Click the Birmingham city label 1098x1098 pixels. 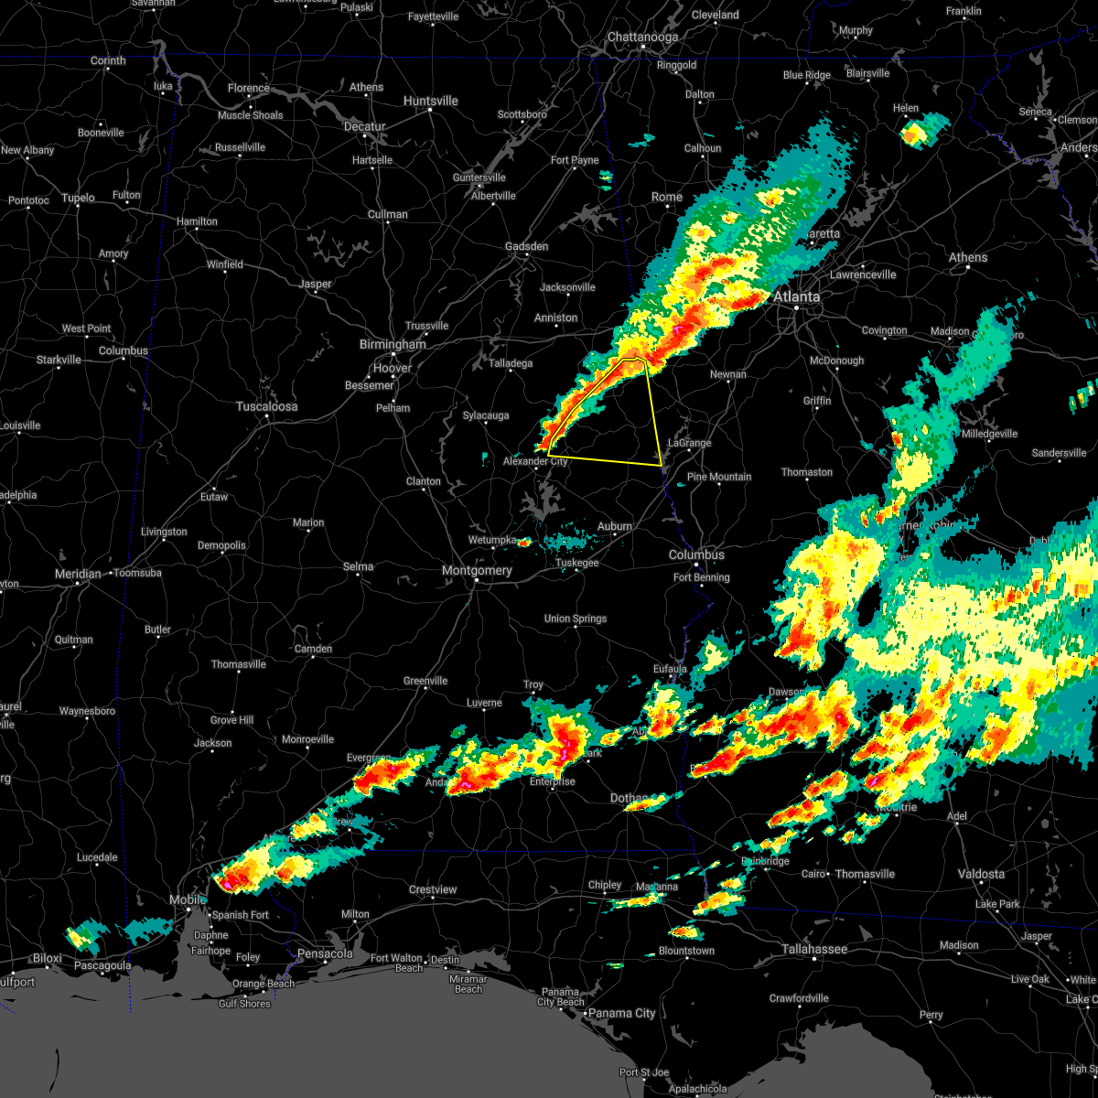click(x=393, y=345)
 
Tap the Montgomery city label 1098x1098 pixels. click(x=477, y=570)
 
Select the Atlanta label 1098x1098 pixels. click(x=796, y=296)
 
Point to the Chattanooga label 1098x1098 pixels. click(x=642, y=38)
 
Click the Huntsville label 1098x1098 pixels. click(x=430, y=101)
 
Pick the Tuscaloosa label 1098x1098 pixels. click(x=266, y=406)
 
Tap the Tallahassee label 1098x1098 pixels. click(x=814, y=950)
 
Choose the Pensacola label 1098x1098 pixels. click(x=325, y=953)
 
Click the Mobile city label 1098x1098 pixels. click(x=186, y=900)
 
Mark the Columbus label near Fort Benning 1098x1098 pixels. click(x=696, y=555)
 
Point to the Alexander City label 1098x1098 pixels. click(x=535, y=462)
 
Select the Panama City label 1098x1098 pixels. click(x=621, y=1013)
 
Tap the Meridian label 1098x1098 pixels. click(x=78, y=574)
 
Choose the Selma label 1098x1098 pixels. click(x=358, y=566)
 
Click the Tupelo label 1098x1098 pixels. click(x=78, y=198)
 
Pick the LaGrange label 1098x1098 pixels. click(x=689, y=443)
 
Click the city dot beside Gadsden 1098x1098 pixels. click(x=527, y=256)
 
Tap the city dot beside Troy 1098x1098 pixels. click(x=533, y=694)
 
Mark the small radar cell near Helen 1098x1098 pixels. click(x=915, y=134)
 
